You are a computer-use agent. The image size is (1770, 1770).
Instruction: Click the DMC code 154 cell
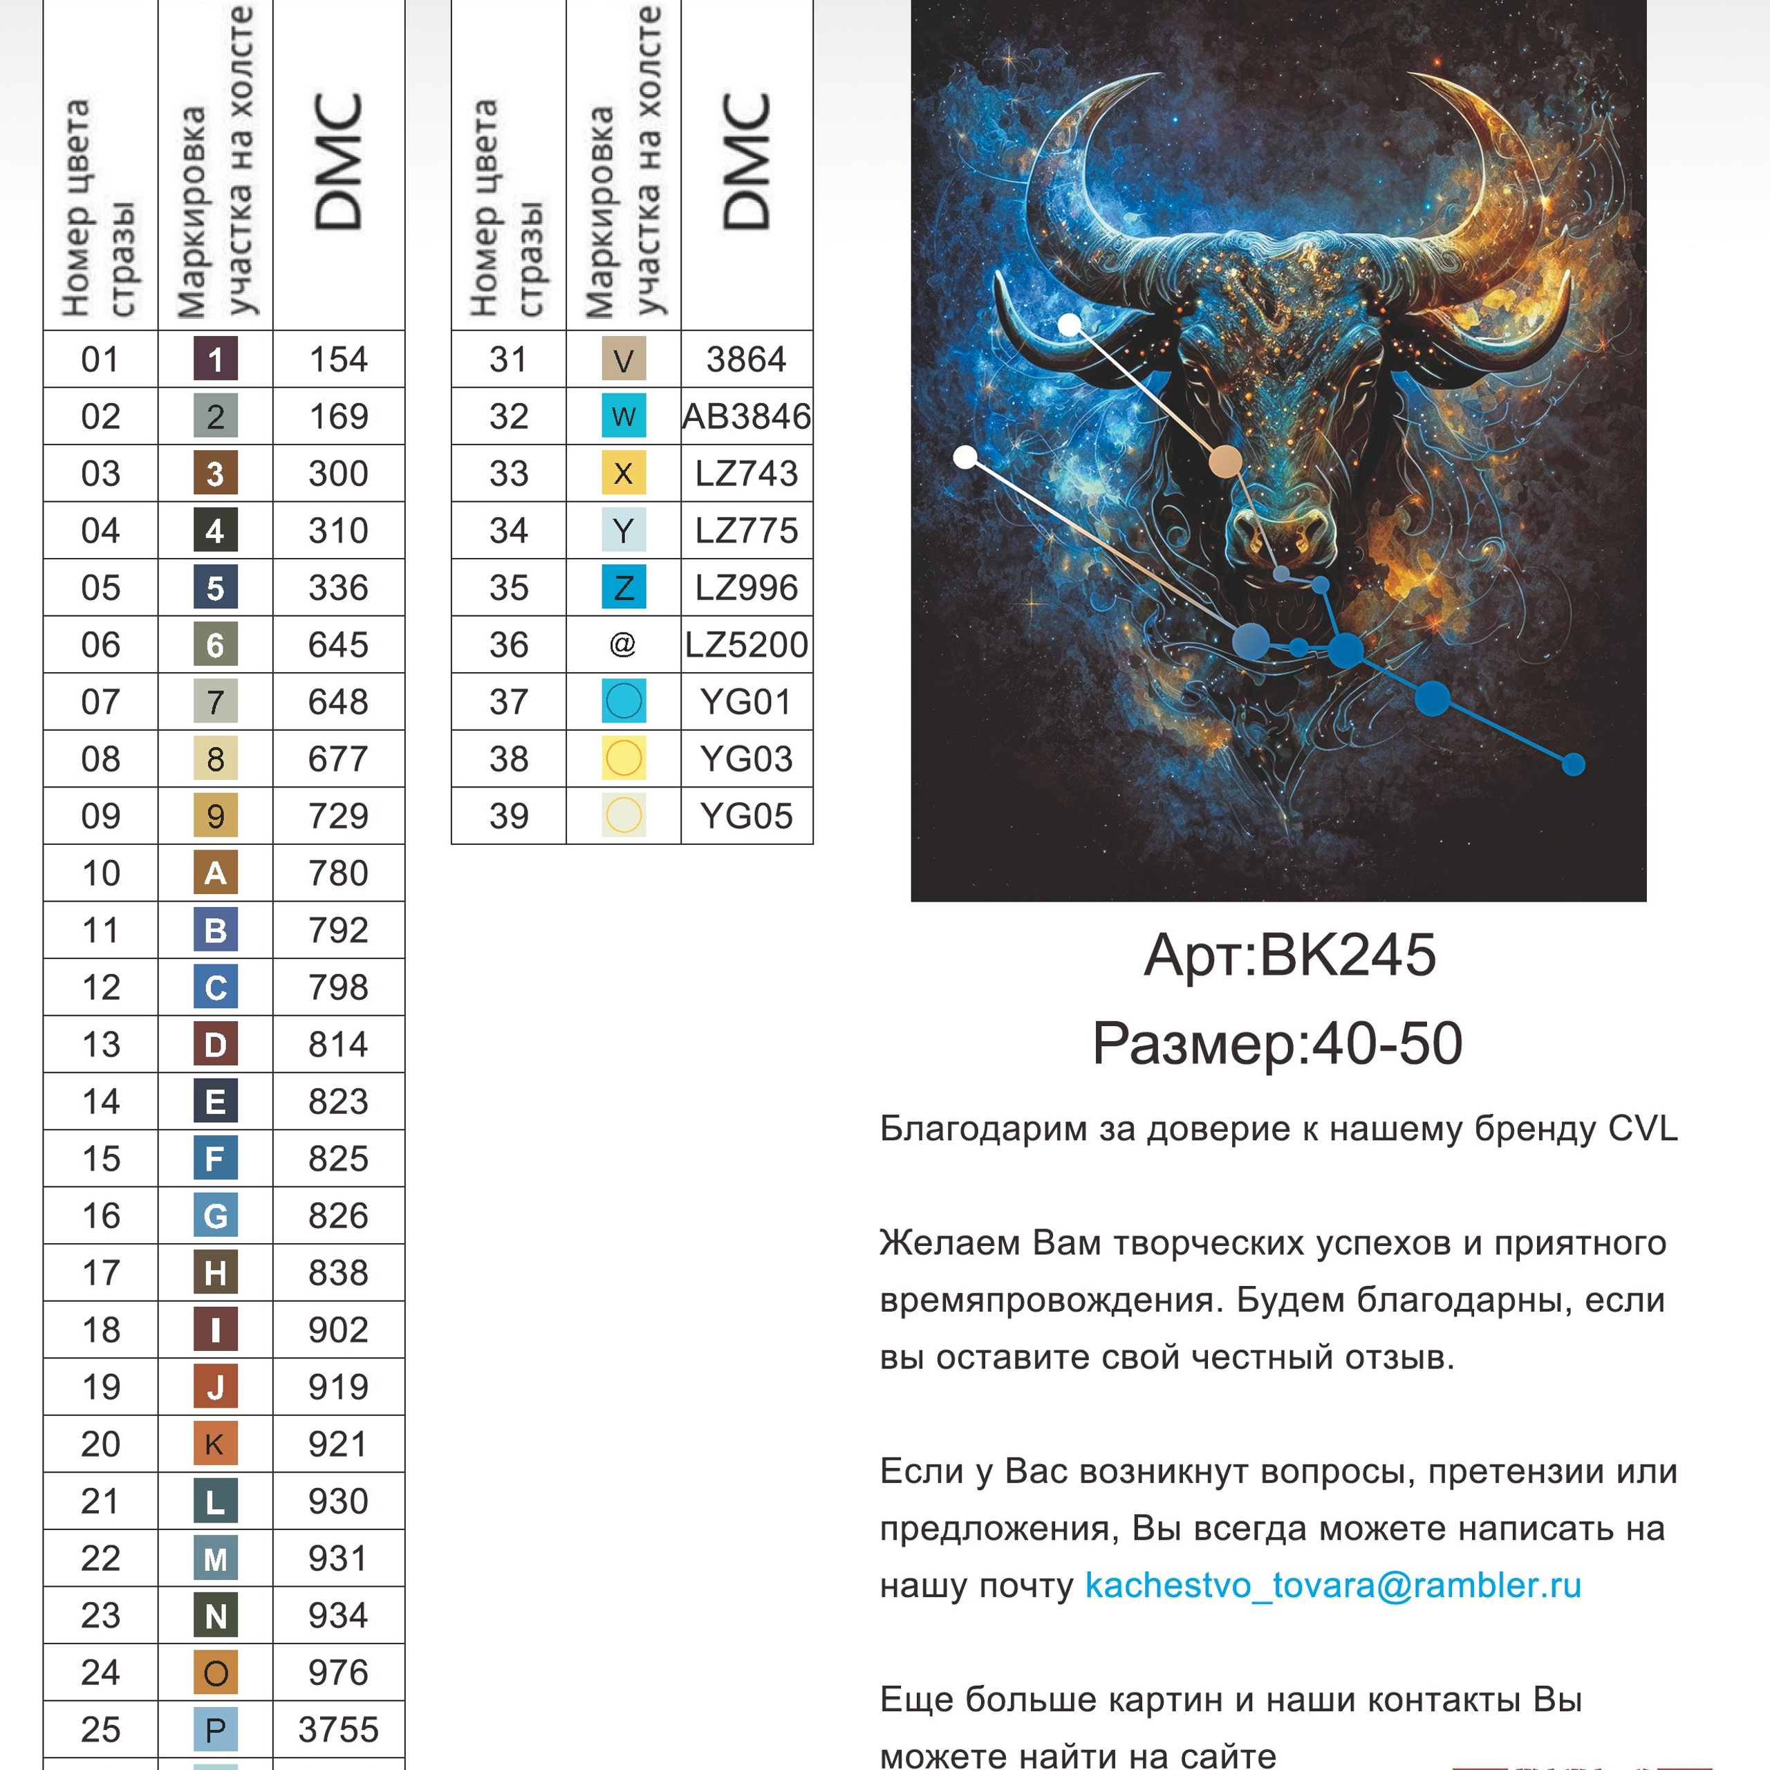pos(338,359)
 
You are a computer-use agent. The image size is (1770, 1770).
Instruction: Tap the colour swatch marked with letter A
pos(215,873)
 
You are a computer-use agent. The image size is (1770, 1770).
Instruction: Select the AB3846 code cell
pos(747,417)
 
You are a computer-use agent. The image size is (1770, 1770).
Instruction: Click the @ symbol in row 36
pos(623,645)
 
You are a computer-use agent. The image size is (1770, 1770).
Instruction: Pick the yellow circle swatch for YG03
pos(623,758)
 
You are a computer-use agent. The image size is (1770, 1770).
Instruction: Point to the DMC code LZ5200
pos(747,645)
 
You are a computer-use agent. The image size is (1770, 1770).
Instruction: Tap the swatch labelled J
pos(215,1387)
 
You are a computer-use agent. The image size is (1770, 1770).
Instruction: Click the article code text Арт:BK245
pos(1289,956)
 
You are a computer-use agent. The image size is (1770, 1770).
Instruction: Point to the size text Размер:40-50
pos(1277,1043)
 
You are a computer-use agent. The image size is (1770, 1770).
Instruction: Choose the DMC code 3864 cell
pos(747,359)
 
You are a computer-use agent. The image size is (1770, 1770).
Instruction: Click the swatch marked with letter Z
pos(623,587)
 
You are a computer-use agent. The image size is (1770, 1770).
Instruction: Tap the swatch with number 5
pos(215,587)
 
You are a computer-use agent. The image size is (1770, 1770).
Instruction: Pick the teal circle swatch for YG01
pos(623,702)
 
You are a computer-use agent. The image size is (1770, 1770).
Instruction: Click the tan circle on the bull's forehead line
pos(1226,462)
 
